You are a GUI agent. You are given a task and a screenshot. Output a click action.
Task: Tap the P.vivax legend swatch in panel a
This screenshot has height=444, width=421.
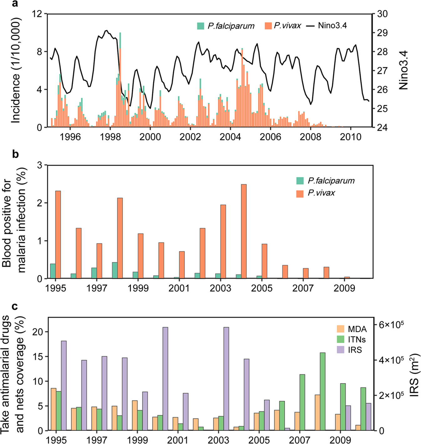268,26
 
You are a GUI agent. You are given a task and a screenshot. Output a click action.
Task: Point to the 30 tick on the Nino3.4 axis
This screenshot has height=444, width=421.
382,14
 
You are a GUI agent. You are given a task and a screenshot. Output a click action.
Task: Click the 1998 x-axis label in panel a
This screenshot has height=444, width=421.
110,137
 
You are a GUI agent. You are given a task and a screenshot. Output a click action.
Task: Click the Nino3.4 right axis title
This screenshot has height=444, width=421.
404,71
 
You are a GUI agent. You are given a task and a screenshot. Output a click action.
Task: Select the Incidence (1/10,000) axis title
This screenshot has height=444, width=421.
16,70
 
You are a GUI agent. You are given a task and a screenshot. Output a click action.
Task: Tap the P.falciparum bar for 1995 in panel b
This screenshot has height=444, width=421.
53,271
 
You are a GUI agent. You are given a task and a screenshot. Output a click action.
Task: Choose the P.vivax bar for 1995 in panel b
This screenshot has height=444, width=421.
58,234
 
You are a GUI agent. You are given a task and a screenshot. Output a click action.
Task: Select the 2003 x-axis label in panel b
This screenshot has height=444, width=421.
220,288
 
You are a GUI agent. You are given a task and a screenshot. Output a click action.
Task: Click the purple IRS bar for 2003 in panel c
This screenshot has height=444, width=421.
226,379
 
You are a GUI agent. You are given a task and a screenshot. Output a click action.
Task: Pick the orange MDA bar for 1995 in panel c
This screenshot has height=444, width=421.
53,409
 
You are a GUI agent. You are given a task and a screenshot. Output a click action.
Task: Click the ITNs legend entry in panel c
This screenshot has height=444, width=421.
357,339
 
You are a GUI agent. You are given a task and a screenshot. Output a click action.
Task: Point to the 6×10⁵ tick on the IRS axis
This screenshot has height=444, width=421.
391,324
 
